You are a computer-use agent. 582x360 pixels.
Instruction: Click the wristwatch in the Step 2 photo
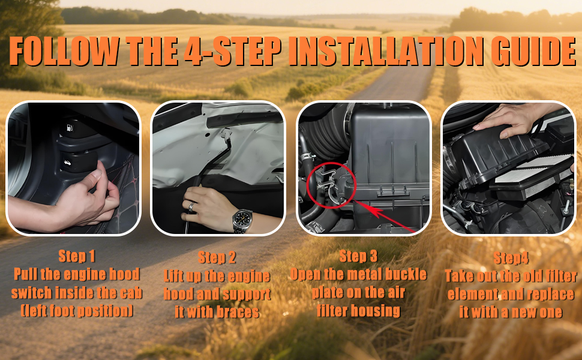tap(242, 220)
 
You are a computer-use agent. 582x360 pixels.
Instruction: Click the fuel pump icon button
tap(70, 128)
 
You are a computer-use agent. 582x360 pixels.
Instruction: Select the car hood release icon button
tap(67, 163)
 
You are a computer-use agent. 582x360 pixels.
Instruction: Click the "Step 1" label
tap(77, 256)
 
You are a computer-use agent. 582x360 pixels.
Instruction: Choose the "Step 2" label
tap(217, 257)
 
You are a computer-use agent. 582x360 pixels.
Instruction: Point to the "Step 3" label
tap(358, 256)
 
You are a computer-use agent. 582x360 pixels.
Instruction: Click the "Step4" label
tap(511, 258)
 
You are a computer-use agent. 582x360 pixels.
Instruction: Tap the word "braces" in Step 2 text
tap(238, 312)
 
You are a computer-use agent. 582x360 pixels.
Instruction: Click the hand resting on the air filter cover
tap(509, 119)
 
